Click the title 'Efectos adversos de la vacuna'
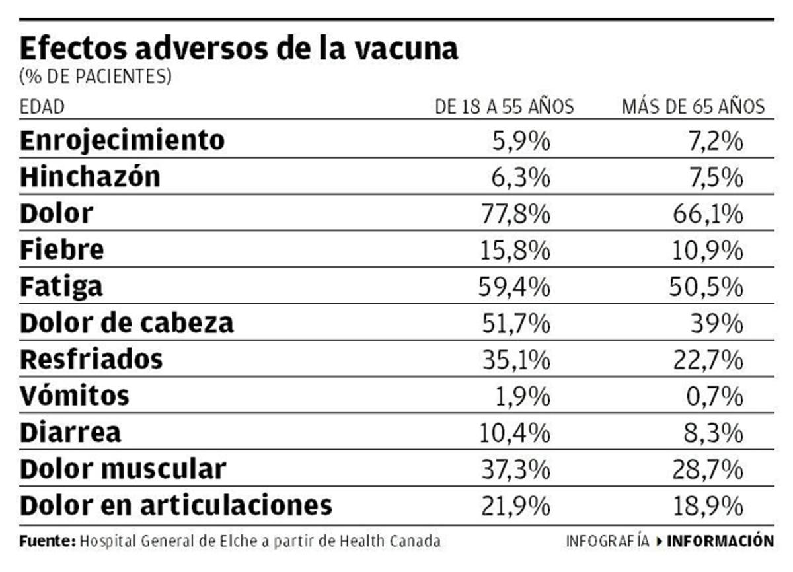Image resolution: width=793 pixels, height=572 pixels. pos(239,49)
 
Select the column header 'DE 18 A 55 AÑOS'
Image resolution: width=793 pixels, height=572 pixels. pos(504,107)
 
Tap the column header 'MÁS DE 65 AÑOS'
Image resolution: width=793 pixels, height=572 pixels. pos(693,107)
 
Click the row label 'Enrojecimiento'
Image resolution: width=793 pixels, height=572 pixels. pos(122,140)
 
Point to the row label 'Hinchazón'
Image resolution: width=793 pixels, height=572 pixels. pos(90,177)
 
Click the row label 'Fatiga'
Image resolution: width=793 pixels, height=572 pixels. pos(61,287)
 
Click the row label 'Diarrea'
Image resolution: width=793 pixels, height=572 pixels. pos(71,432)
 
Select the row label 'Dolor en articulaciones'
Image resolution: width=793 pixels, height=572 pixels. pos(176,505)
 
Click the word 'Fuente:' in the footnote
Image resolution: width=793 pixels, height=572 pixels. pos(48,541)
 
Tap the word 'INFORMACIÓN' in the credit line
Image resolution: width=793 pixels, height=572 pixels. pos(720,541)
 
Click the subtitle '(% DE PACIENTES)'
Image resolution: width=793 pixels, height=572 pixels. pos(96,77)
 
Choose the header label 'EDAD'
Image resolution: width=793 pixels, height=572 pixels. pos(42,108)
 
